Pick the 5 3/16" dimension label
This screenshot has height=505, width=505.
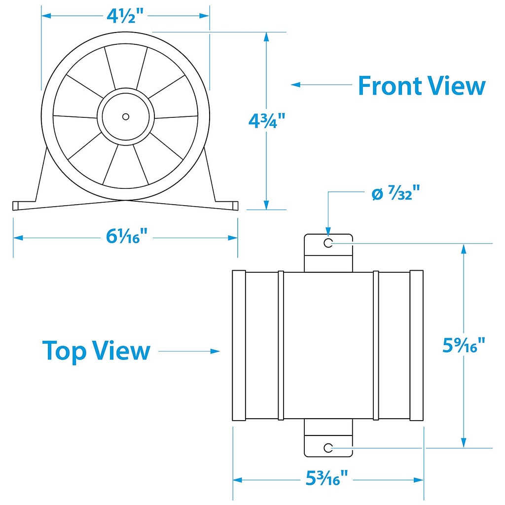(x=328, y=478)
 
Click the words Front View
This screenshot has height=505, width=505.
(x=422, y=85)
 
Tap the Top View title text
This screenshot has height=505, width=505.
(x=96, y=351)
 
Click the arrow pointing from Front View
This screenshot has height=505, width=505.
(x=321, y=85)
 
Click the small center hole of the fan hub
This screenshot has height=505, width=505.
(x=126, y=116)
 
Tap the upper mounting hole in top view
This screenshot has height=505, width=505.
(x=328, y=243)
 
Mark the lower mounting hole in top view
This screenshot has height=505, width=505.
(x=328, y=447)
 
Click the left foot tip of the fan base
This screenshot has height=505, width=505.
(x=15, y=206)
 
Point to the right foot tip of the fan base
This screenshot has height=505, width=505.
(x=236, y=205)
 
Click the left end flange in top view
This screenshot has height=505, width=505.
(x=239, y=345)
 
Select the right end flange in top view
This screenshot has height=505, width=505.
(x=417, y=345)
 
